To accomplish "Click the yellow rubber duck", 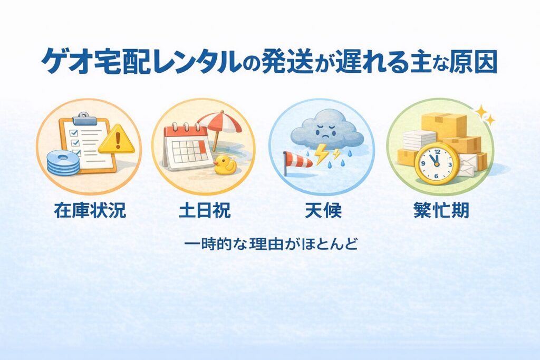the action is point(225,164).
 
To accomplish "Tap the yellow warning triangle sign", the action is point(117,140).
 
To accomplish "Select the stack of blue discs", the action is point(63,163).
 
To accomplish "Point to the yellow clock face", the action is point(437,163).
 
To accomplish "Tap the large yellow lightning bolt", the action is point(321,153).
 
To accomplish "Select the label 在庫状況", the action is point(90,210).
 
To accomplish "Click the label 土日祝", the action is point(205,210).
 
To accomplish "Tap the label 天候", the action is point(323,210).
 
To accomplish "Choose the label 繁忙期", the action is point(441,210).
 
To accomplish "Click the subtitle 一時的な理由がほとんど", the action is point(271,244).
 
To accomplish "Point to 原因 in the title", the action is point(474,62).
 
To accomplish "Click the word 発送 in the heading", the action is point(288,62).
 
